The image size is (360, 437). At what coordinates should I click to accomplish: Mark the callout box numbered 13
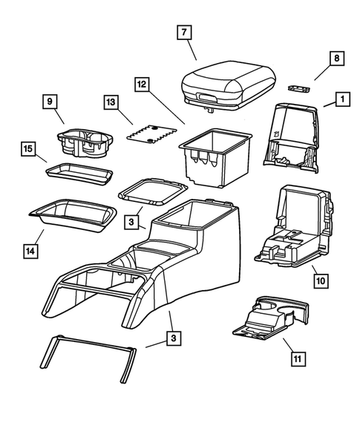coord(112,102)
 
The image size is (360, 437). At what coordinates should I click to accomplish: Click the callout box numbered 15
coord(29,151)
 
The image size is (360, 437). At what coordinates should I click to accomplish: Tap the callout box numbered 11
coord(297,359)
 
